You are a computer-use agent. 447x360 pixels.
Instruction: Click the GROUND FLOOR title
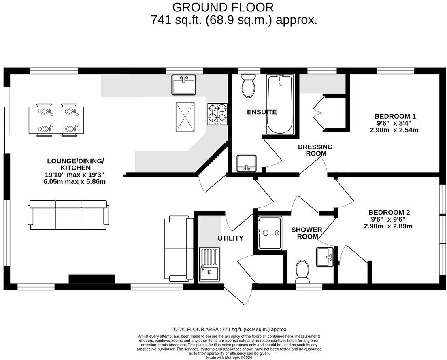[223, 7]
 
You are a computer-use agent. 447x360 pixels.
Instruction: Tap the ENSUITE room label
[262, 112]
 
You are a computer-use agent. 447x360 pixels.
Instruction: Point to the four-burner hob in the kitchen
[217, 113]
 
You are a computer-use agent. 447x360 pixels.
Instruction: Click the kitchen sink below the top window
[184, 84]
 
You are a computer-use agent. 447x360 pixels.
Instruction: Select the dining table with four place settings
[57, 120]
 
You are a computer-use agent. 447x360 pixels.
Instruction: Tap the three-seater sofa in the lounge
[68, 215]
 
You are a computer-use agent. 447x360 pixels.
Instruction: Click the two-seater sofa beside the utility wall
[179, 249]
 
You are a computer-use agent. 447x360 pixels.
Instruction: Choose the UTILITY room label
[230, 238]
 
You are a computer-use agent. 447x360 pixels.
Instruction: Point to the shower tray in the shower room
[270, 233]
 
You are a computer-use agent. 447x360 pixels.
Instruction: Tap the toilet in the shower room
[302, 271]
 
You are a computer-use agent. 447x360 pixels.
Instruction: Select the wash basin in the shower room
[324, 257]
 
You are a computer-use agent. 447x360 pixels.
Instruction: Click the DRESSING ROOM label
[315, 150]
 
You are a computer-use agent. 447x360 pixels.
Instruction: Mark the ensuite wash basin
[246, 163]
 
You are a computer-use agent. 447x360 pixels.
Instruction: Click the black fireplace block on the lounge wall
[92, 279]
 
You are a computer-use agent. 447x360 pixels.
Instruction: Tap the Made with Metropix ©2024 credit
[229, 357]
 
